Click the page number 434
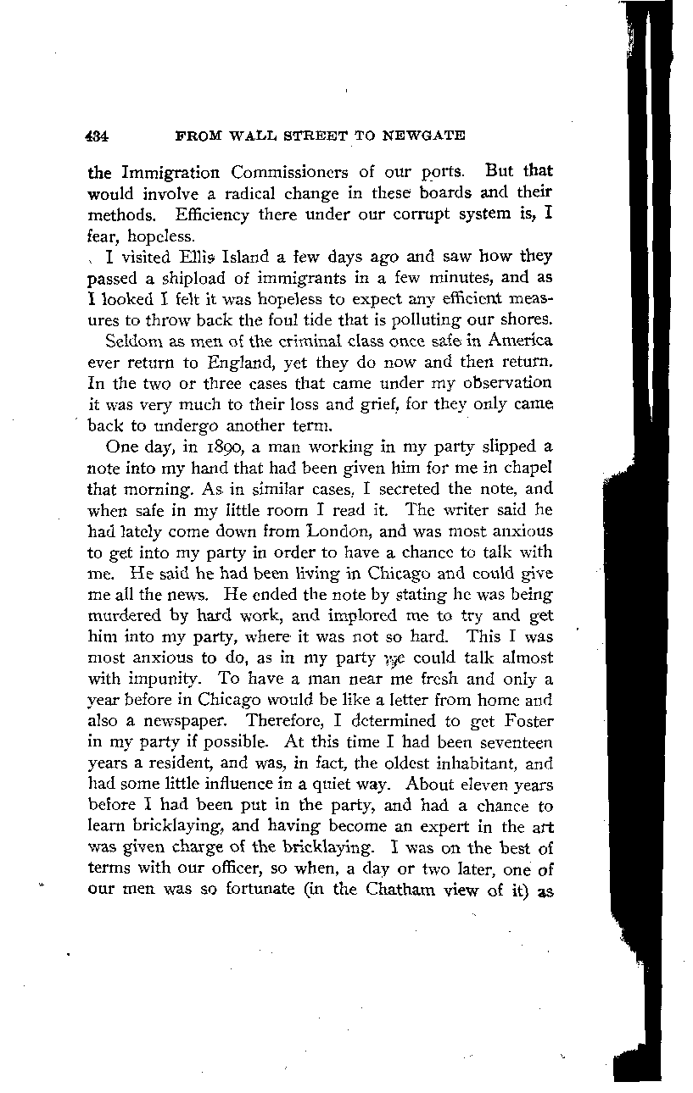coord(100,136)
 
